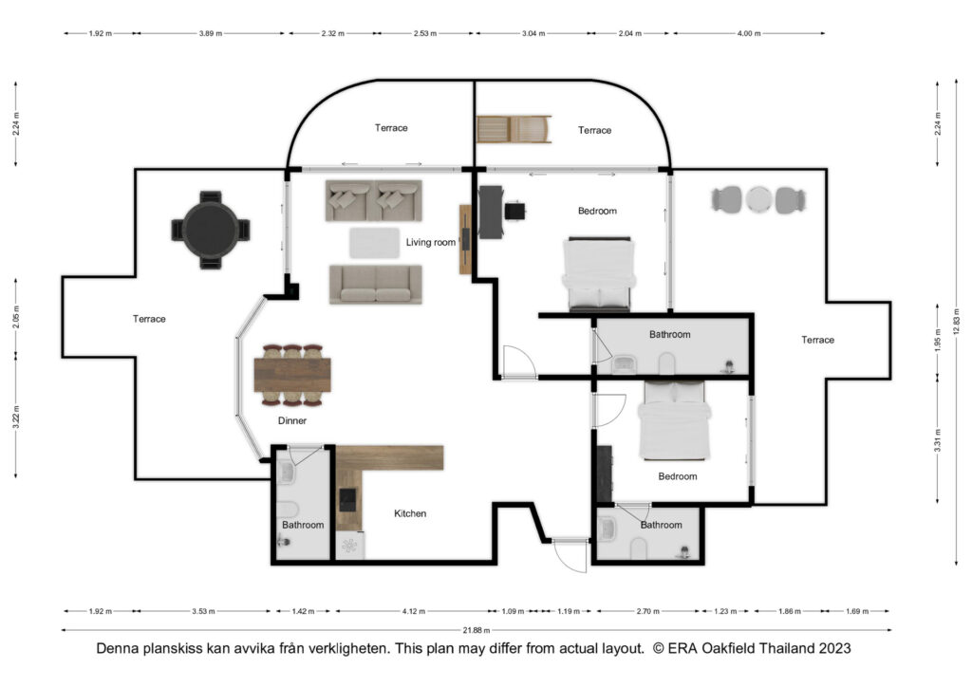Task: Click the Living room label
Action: [x=430, y=242]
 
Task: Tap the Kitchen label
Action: [x=410, y=513]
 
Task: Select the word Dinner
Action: [x=292, y=420]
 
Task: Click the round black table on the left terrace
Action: [x=211, y=230]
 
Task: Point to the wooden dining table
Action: [x=292, y=375]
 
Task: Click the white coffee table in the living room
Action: [x=374, y=243]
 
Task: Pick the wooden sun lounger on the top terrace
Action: [x=514, y=129]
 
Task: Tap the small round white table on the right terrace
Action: [x=758, y=199]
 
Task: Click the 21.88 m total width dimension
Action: [x=477, y=630]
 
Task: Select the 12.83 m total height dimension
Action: [x=957, y=322]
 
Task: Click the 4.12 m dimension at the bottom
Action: [x=414, y=611]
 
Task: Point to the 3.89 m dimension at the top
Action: [x=210, y=33]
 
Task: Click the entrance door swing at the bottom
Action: [x=570, y=556]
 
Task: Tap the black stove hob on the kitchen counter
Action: [x=347, y=499]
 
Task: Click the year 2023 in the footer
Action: [x=834, y=649]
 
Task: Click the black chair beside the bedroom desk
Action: [x=514, y=212]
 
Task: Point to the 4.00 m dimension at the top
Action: [x=748, y=33]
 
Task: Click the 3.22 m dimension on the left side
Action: [x=16, y=417]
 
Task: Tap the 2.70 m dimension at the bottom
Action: [x=647, y=611]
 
